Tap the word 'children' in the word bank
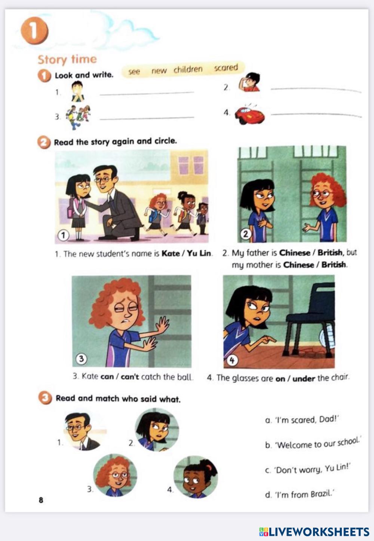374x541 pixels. tap(188, 69)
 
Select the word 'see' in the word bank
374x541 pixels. tap(134, 72)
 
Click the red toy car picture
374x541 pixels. tap(249, 114)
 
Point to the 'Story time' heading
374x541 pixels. tap(67, 59)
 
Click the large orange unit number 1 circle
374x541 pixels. tap(34, 31)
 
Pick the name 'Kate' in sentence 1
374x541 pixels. tap(170, 254)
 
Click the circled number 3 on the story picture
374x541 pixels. tap(81, 358)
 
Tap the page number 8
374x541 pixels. tap(41, 500)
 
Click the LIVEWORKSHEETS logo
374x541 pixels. tap(314, 532)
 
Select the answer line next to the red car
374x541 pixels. tap(316, 115)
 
